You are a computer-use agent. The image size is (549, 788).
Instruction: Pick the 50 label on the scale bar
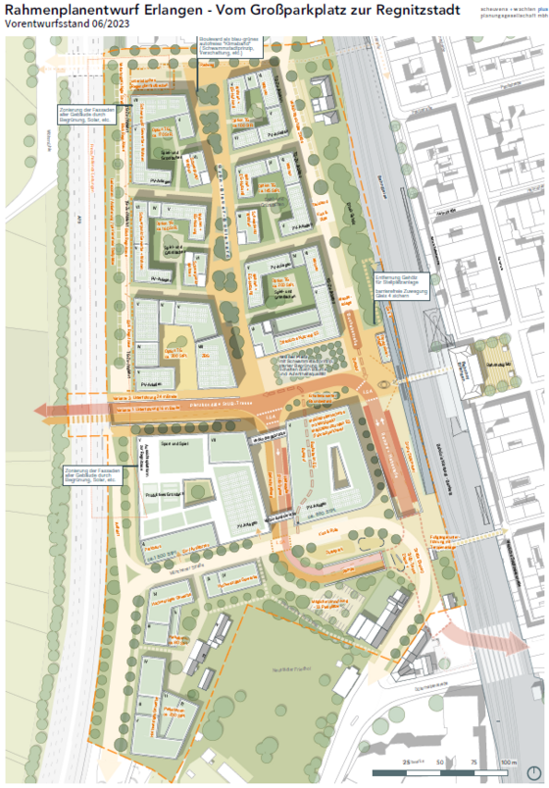point(441,762)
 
